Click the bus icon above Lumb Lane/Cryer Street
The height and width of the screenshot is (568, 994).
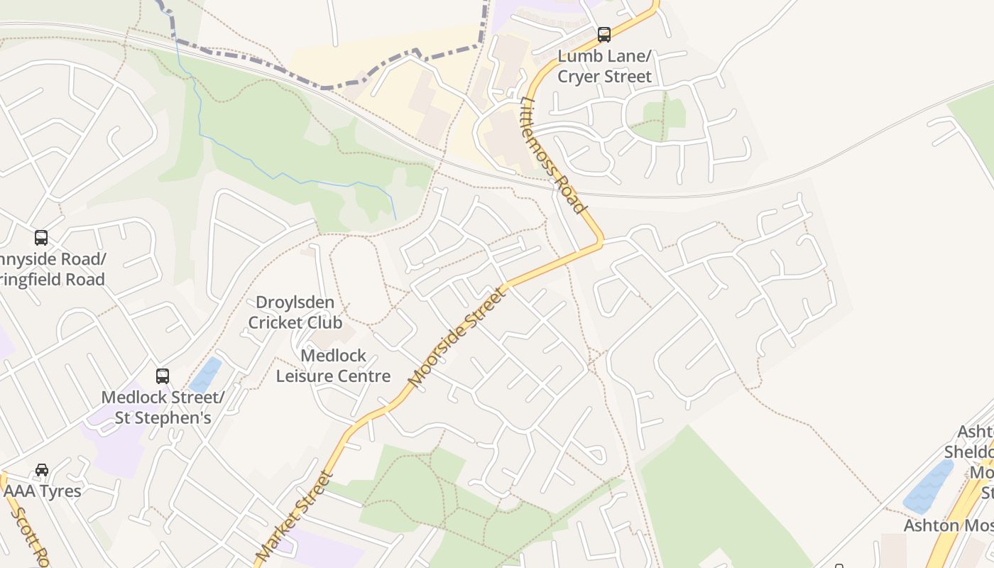603,34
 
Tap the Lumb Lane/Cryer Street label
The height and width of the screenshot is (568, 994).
604,66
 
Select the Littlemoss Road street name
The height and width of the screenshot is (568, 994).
554,155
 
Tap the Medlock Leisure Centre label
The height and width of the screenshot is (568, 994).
333,366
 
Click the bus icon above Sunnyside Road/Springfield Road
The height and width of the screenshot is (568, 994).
41,238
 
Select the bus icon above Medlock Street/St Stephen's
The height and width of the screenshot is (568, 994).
163,376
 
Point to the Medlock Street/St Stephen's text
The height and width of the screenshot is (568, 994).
163,408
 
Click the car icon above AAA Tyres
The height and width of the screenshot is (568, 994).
42,470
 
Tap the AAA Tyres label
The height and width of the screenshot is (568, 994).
43,491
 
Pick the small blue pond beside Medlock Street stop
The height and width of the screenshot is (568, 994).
207,375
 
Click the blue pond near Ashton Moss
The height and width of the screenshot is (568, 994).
929,486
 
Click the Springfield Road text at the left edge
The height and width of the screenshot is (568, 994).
53,279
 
